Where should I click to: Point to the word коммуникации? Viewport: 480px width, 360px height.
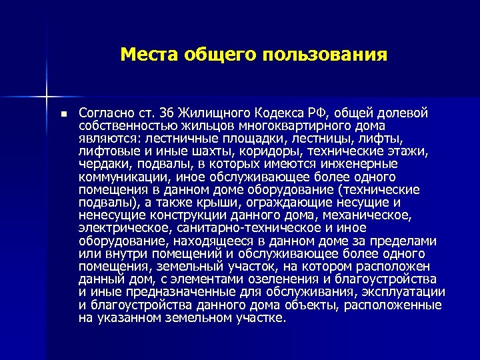point(125,177)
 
